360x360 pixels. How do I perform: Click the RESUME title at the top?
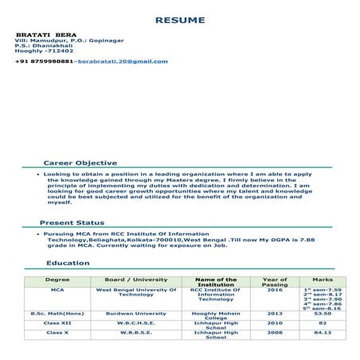coord(179,19)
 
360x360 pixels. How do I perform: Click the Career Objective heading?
coord(80,162)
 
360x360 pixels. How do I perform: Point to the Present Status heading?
coord(72,223)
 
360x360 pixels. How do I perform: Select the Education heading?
coord(68,263)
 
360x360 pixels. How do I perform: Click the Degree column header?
coord(57,280)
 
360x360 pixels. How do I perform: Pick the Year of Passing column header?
coord(275,283)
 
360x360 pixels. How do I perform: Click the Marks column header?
coord(323,280)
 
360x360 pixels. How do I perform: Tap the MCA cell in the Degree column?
coord(57,291)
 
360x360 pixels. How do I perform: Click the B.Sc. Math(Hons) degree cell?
coord(57,314)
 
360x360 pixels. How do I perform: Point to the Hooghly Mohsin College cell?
coord(216,316)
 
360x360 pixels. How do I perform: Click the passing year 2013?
coord(275,314)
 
